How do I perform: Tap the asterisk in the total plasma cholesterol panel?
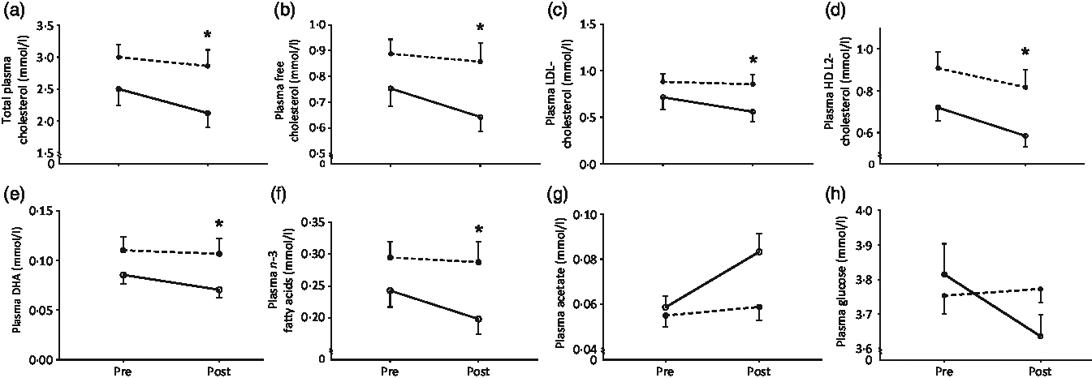208,36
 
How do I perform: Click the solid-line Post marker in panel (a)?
209,113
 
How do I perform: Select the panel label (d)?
830,9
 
